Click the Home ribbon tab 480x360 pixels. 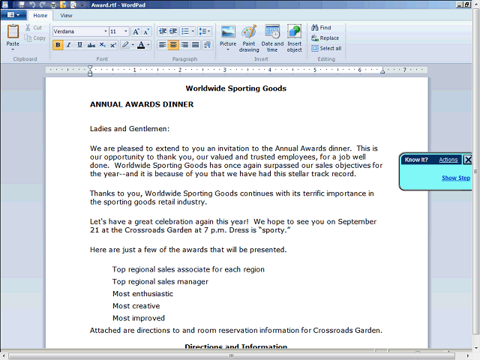(x=40, y=15)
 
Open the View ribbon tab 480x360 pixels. (x=67, y=15)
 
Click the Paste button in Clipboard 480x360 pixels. (x=13, y=34)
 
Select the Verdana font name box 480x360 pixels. (x=79, y=31)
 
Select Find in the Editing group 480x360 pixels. (x=321, y=28)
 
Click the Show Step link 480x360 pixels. (x=456, y=178)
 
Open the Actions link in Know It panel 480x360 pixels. (x=448, y=160)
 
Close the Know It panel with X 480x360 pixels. (x=468, y=160)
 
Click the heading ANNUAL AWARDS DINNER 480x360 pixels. (x=142, y=104)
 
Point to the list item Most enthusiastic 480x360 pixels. (x=142, y=294)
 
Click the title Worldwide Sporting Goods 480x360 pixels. (x=236, y=88)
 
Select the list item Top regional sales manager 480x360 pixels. (x=160, y=282)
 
